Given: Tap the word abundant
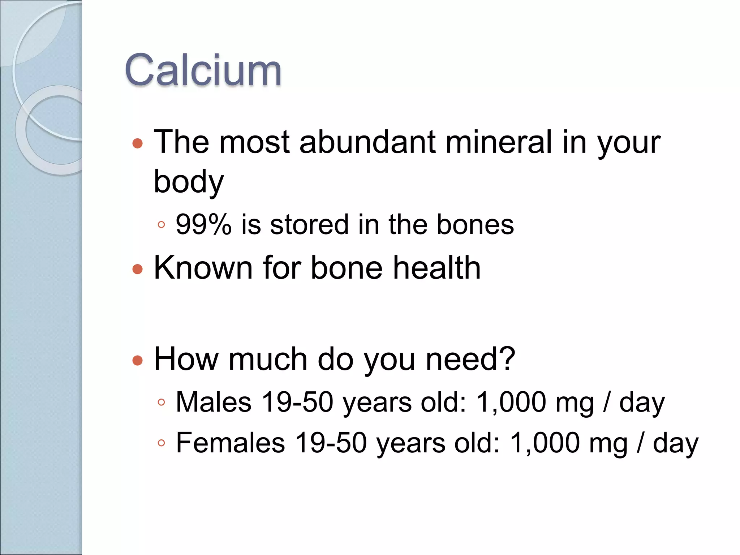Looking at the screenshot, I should (x=367, y=142).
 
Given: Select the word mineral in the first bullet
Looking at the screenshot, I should (x=499, y=142).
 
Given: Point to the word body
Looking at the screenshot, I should (x=189, y=182).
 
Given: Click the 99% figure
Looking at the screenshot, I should (x=203, y=225).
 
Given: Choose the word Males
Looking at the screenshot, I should (x=214, y=402).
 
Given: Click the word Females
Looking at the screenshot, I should (x=231, y=443).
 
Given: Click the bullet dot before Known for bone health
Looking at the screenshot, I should (x=138, y=269).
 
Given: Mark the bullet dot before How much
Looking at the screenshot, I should (x=138, y=360).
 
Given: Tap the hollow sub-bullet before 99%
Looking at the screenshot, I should (x=161, y=225).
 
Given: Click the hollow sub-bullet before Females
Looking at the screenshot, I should (x=161, y=443).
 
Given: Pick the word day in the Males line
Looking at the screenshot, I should (x=642, y=403).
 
